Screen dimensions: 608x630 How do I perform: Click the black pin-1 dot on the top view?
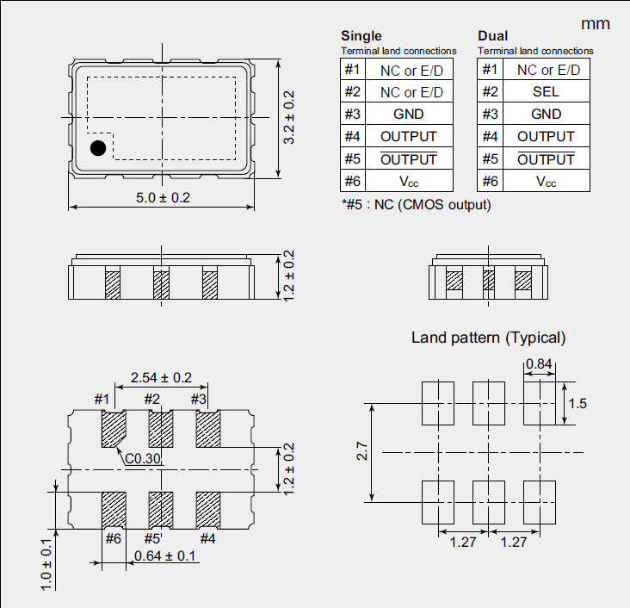[x=98, y=148]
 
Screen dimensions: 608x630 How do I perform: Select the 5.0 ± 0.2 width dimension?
[x=163, y=198]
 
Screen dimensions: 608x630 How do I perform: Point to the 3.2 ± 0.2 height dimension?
[x=289, y=118]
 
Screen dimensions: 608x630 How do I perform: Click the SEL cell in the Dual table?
[x=545, y=91]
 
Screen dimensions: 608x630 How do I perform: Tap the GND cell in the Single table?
[x=409, y=114]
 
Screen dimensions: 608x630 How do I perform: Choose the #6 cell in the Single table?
[x=353, y=181]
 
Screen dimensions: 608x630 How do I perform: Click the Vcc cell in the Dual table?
[x=546, y=181]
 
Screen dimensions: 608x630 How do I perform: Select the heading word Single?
[x=361, y=36]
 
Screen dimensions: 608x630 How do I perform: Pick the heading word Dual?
[x=492, y=36]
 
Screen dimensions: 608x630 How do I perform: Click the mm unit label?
[x=596, y=23]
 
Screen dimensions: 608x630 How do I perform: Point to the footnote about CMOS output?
[x=416, y=205]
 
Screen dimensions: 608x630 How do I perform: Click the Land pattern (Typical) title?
[x=489, y=338]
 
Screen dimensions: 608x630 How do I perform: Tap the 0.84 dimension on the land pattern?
[x=539, y=364]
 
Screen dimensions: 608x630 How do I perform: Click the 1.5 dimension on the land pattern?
[x=578, y=403]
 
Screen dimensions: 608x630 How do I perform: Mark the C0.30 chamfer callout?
[x=143, y=459]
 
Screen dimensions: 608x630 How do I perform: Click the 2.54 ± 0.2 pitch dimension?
[x=161, y=378]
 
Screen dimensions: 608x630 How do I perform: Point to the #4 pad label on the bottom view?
[x=207, y=539]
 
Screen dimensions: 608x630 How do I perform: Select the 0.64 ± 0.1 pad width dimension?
[x=166, y=556]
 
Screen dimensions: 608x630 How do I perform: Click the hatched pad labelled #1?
[x=113, y=427]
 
